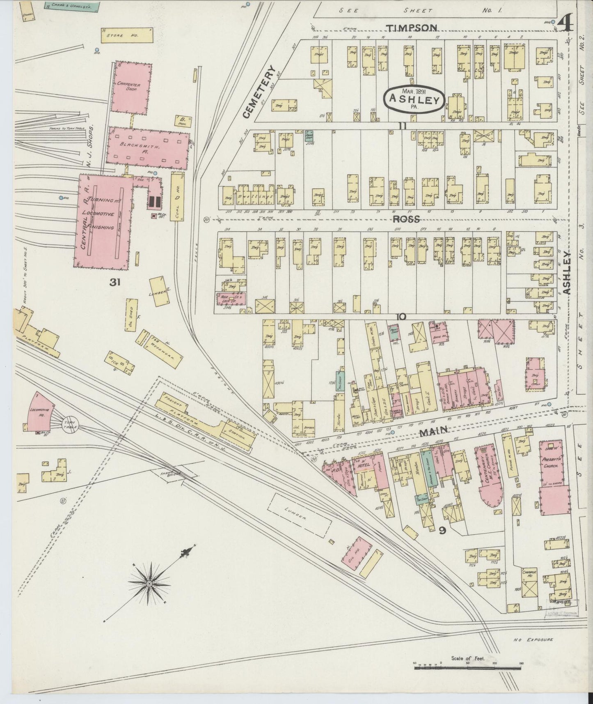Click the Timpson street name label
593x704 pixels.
click(411, 28)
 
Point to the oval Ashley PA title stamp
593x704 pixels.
click(414, 99)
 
